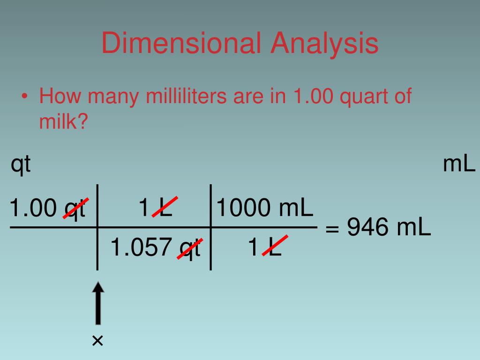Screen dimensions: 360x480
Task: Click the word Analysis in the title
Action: pos(324,43)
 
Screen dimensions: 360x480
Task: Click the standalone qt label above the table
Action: pos(21,165)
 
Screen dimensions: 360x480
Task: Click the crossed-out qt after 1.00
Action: pos(75,208)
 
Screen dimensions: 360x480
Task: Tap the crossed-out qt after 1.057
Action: pos(190,248)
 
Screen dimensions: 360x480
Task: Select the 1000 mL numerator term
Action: pos(264,207)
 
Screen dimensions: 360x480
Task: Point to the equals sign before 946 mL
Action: pos(332,229)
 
